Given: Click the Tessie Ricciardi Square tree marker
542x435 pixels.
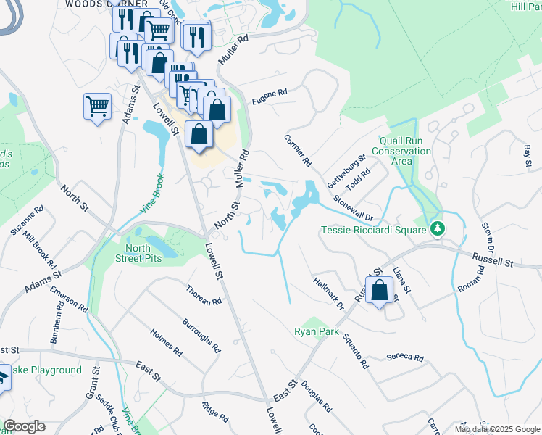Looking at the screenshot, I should pyautogui.click(x=437, y=229).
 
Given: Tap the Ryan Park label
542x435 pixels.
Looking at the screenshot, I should pyautogui.click(x=317, y=331).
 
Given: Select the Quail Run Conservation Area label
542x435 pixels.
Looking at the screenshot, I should pyautogui.click(x=401, y=152).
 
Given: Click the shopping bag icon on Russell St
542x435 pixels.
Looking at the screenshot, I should pyautogui.click(x=379, y=291).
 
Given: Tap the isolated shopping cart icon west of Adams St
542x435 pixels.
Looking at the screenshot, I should pyautogui.click(x=97, y=107).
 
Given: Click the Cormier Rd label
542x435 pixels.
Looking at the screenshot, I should pyautogui.click(x=298, y=150).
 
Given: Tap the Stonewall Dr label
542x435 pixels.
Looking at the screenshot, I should pyautogui.click(x=353, y=207).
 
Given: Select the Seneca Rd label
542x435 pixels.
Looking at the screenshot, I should pyautogui.click(x=404, y=357).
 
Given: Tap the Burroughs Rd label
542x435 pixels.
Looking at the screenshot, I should pyautogui.click(x=201, y=336).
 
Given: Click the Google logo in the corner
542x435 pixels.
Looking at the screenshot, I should pyautogui.click(x=24, y=426).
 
